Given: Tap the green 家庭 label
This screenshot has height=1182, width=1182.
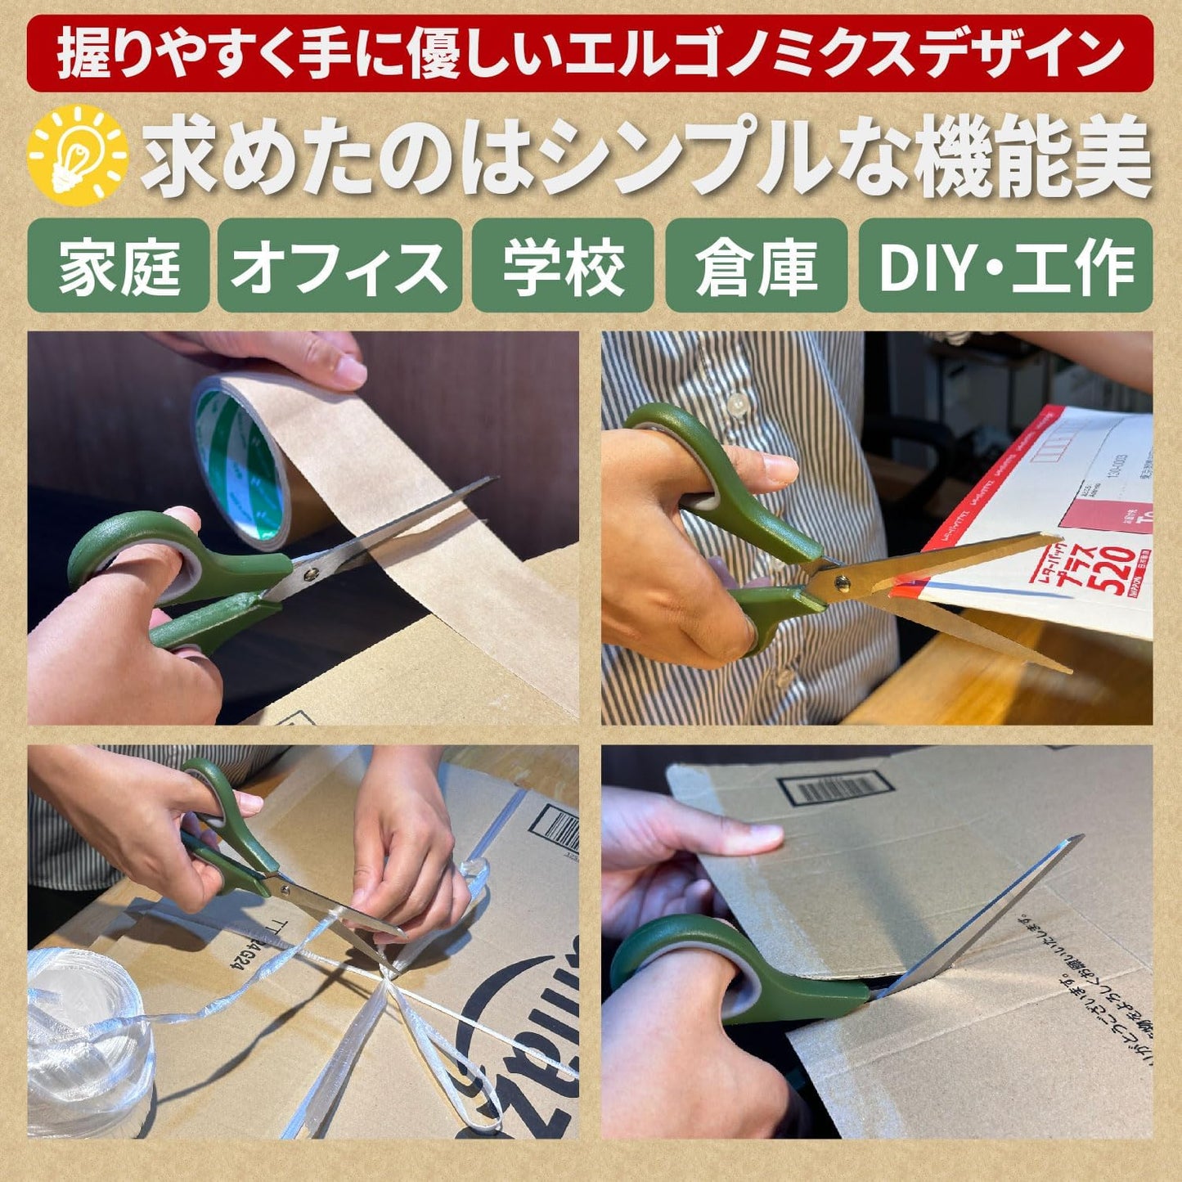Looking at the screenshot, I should click(x=119, y=266).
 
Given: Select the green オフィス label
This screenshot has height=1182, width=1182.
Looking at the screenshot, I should click(x=339, y=266).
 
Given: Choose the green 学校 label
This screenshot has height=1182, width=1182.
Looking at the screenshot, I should click(x=563, y=266).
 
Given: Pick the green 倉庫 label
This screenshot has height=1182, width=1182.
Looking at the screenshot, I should click(x=756, y=266).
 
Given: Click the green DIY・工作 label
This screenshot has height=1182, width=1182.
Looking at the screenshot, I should click(x=1005, y=266).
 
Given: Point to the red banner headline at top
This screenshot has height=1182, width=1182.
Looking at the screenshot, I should click(x=590, y=53).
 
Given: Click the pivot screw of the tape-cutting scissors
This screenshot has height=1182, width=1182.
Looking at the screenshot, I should click(x=310, y=575).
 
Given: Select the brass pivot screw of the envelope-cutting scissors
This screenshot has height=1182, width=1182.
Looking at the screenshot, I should click(x=841, y=583).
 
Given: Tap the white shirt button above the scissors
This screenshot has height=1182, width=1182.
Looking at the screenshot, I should click(x=737, y=402).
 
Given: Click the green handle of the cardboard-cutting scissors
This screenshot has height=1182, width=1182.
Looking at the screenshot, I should click(x=736, y=969).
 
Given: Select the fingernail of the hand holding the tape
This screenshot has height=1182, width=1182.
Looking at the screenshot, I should click(x=352, y=373).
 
